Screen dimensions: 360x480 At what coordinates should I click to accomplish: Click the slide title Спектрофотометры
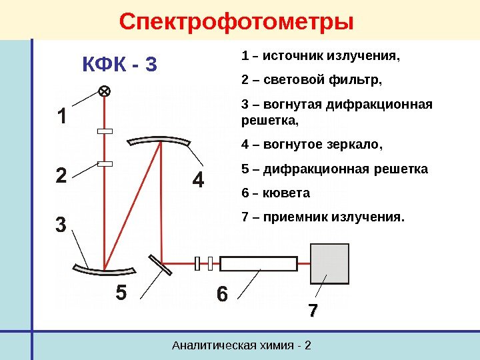(236, 21)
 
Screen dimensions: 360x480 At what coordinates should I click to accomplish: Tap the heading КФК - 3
(120, 65)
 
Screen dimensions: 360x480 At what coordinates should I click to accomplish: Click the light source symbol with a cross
(105, 91)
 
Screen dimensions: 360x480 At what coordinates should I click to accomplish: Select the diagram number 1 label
(61, 118)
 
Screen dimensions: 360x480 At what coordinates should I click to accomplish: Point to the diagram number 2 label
(61, 178)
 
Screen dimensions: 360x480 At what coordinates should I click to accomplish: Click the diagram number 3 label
(61, 225)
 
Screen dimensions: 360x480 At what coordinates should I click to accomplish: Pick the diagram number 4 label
(198, 181)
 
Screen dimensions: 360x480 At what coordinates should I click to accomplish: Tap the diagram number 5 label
(121, 293)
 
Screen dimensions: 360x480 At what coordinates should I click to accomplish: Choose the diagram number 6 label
(221, 294)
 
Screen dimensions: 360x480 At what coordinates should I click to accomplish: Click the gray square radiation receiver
(330, 264)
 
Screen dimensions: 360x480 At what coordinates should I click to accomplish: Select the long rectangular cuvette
(259, 264)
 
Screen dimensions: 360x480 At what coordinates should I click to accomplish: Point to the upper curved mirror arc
(160, 141)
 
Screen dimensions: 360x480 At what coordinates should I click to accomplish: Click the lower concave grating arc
(105, 269)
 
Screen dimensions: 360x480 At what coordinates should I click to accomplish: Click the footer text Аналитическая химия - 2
(242, 345)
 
